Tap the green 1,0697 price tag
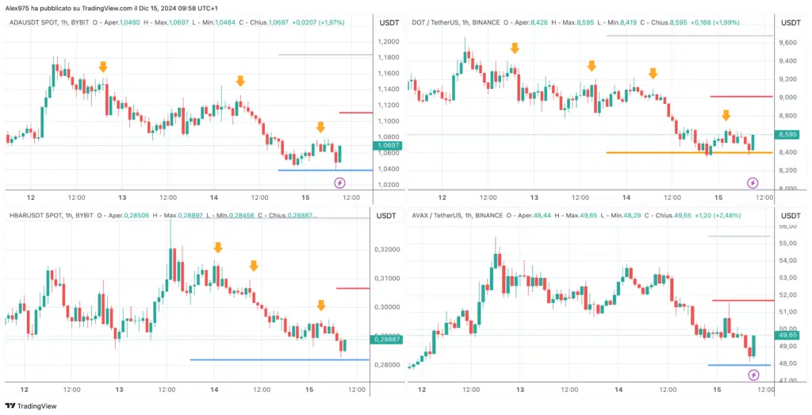pyautogui.click(x=386, y=146)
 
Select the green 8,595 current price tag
pyautogui.click(x=789, y=135)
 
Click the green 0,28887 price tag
pyautogui.click(x=386, y=339)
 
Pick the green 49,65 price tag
pyautogui.click(x=789, y=336)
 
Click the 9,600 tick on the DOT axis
pyautogui.click(x=787, y=41)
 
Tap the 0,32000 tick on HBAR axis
pyautogui.click(x=388, y=249)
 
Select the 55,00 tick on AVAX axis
pyautogui.click(x=787, y=244)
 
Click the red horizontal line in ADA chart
pyautogui.click(x=355, y=113)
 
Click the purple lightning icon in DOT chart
pyautogui.click(x=753, y=183)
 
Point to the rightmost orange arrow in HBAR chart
pyautogui.click(x=321, y=305)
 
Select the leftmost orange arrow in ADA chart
pyautogui.click(x=103, y=67)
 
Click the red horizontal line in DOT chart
pyautogui.click(x=741, y=97)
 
